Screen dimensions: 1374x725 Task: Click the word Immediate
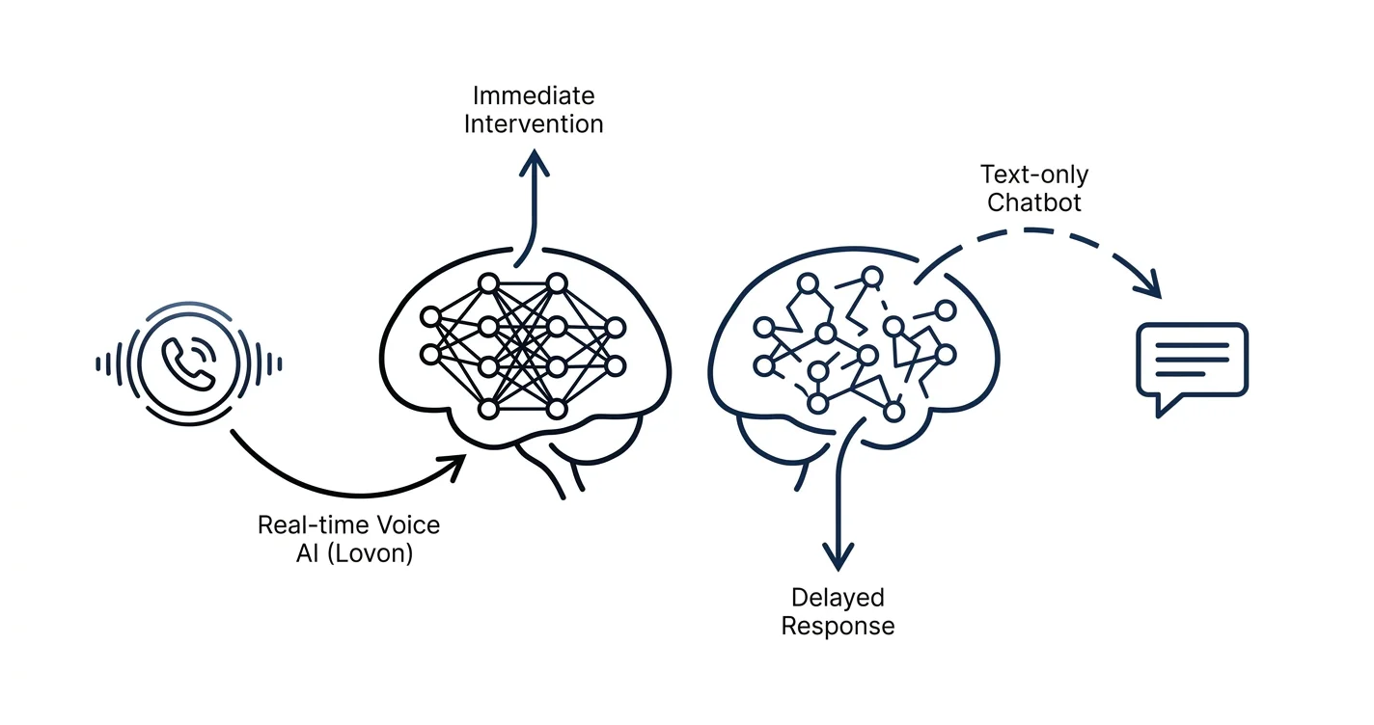(x=534, y=95)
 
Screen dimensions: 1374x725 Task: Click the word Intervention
(x=534, y=123)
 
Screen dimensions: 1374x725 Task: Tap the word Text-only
(x=1034, y=175)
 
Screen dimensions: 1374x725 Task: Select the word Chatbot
(x=1034, y=202)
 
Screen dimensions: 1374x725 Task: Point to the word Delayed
(x=838, y=598)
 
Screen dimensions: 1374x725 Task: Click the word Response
(x=838, y=627)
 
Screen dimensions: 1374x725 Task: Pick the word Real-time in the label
(x=314, y=525)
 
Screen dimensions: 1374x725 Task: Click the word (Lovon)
(x=370, y=553)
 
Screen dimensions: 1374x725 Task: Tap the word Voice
(x=408, y=525)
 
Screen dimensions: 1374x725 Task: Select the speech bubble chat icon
(x=1192, y=367)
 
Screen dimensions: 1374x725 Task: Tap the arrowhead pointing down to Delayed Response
(x=838, y=556)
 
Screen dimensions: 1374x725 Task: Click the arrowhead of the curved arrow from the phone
(x=453, y=466)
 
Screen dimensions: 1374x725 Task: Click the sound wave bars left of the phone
(x=113, y=364)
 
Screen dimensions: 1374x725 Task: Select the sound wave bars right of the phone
(x=263, y=364)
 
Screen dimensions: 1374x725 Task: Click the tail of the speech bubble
(x=1167, y=406)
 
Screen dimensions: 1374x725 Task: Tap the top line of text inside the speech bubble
(x=1192, y=346)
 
